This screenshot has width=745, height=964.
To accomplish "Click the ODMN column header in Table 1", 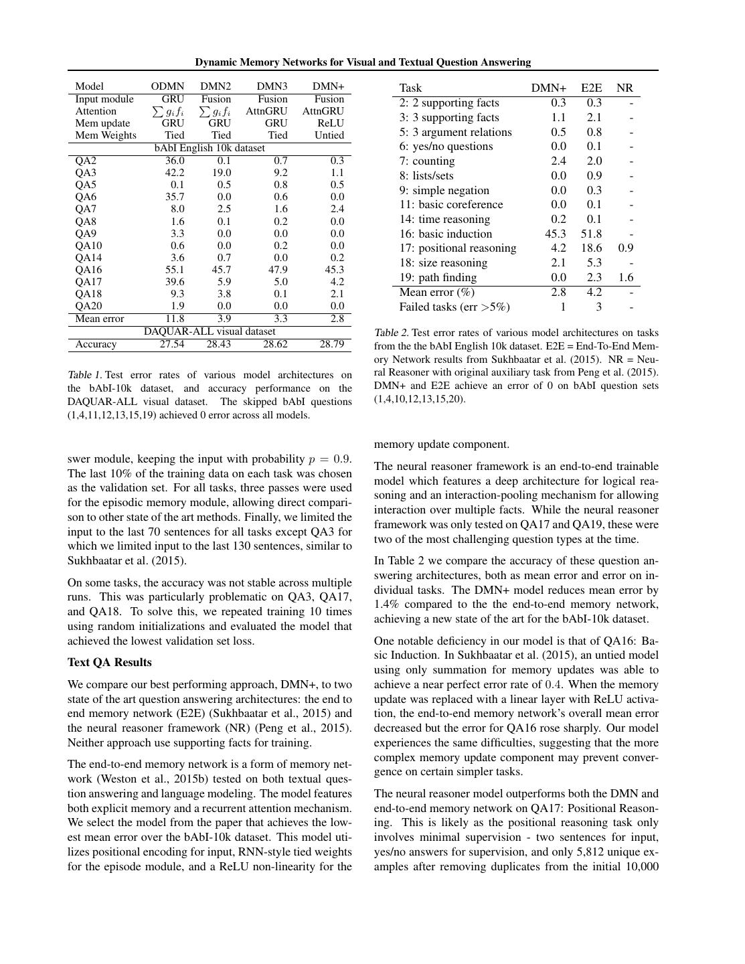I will [167, 86].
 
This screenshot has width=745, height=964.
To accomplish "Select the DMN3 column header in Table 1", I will [272, 86].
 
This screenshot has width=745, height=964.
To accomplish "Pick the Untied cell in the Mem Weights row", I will [329, 135].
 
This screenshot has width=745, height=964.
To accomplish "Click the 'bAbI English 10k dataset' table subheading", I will [210, 148].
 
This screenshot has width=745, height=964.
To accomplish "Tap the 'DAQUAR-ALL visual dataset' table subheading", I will [210, 331].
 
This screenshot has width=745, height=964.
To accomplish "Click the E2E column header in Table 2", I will [591, 88].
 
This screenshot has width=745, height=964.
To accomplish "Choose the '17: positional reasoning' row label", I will [458, 248].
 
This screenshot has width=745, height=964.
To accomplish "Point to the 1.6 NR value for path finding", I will [625, 277].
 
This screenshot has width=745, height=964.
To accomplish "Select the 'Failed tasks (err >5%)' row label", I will [454, 307].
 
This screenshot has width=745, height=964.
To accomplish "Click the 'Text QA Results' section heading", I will [110, 662].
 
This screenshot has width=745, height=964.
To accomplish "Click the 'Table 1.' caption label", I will [84, 375].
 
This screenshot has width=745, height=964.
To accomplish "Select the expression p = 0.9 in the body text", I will [329, 459].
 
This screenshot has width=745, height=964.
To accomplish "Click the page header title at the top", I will [363, 62].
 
